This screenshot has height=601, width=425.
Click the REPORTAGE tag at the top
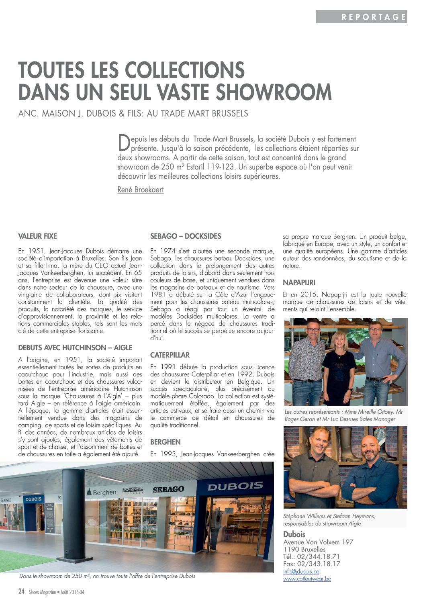tap(374, 17)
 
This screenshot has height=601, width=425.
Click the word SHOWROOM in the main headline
tap(274, 92)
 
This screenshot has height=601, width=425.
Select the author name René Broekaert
tap(141, 190)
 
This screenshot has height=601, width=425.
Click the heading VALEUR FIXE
tap(37, 236)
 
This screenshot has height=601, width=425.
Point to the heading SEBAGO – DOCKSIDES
tap(186, 236)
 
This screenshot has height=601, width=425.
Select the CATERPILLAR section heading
tap(170, 355)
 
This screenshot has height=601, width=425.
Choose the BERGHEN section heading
tap(166, 442)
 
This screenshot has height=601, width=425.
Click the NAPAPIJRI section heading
tap(299, 283)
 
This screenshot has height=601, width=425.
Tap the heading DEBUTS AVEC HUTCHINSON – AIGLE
tap(75, 348)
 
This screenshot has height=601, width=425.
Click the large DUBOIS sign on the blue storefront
tap(235, 486)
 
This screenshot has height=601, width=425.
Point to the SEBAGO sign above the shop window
tap(168, 489)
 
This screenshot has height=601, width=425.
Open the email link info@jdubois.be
tap(301, 571)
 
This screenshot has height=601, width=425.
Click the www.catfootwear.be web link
tap(307, 579)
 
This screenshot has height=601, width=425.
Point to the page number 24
tap(22, 591)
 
